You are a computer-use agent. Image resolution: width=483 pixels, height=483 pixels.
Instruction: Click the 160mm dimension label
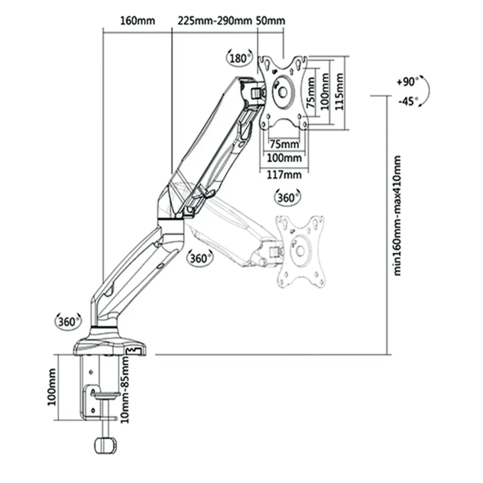[137, 21]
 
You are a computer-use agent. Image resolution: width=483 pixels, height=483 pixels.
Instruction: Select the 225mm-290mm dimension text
[215, 21]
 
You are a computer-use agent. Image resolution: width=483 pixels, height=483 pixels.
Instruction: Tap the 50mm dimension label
[271, 21]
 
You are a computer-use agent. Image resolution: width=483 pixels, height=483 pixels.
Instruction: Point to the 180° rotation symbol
[240, 57]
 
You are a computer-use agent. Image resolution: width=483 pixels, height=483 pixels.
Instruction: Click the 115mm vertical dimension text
[339, 92]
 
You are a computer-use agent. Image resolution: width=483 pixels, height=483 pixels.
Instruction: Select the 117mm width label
[284, 175]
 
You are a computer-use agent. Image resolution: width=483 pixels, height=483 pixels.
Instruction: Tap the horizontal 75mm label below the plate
[284, 144]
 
